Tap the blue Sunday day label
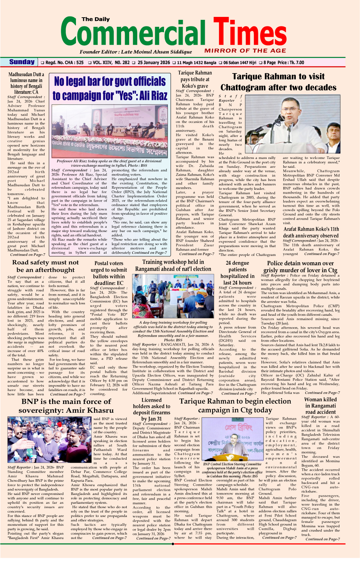pos(22,62)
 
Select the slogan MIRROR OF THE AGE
pos(245,51)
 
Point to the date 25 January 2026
pos(153,62)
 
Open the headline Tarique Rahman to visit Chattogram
pos(278,82)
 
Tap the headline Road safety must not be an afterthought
pos(46,266)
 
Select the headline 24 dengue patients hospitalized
pos(237,273)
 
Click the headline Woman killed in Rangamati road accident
pos(320,405)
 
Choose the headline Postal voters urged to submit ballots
pos(109,273)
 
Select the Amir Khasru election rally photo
pos(49,441)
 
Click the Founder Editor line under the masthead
pos(135,52)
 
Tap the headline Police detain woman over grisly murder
pos(300,267)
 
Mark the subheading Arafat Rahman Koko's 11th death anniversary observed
pos(311,232)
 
